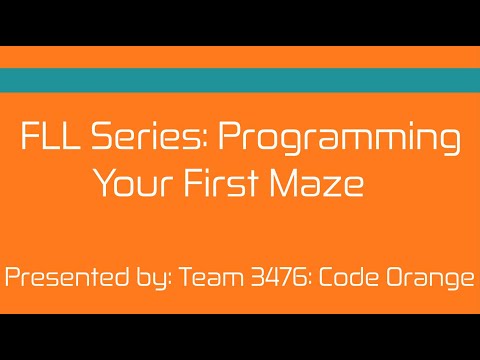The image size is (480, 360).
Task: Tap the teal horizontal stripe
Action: pyautogui.click(x=240, y=80)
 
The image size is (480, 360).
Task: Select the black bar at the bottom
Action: pyautogui.click(x=240, y=337)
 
